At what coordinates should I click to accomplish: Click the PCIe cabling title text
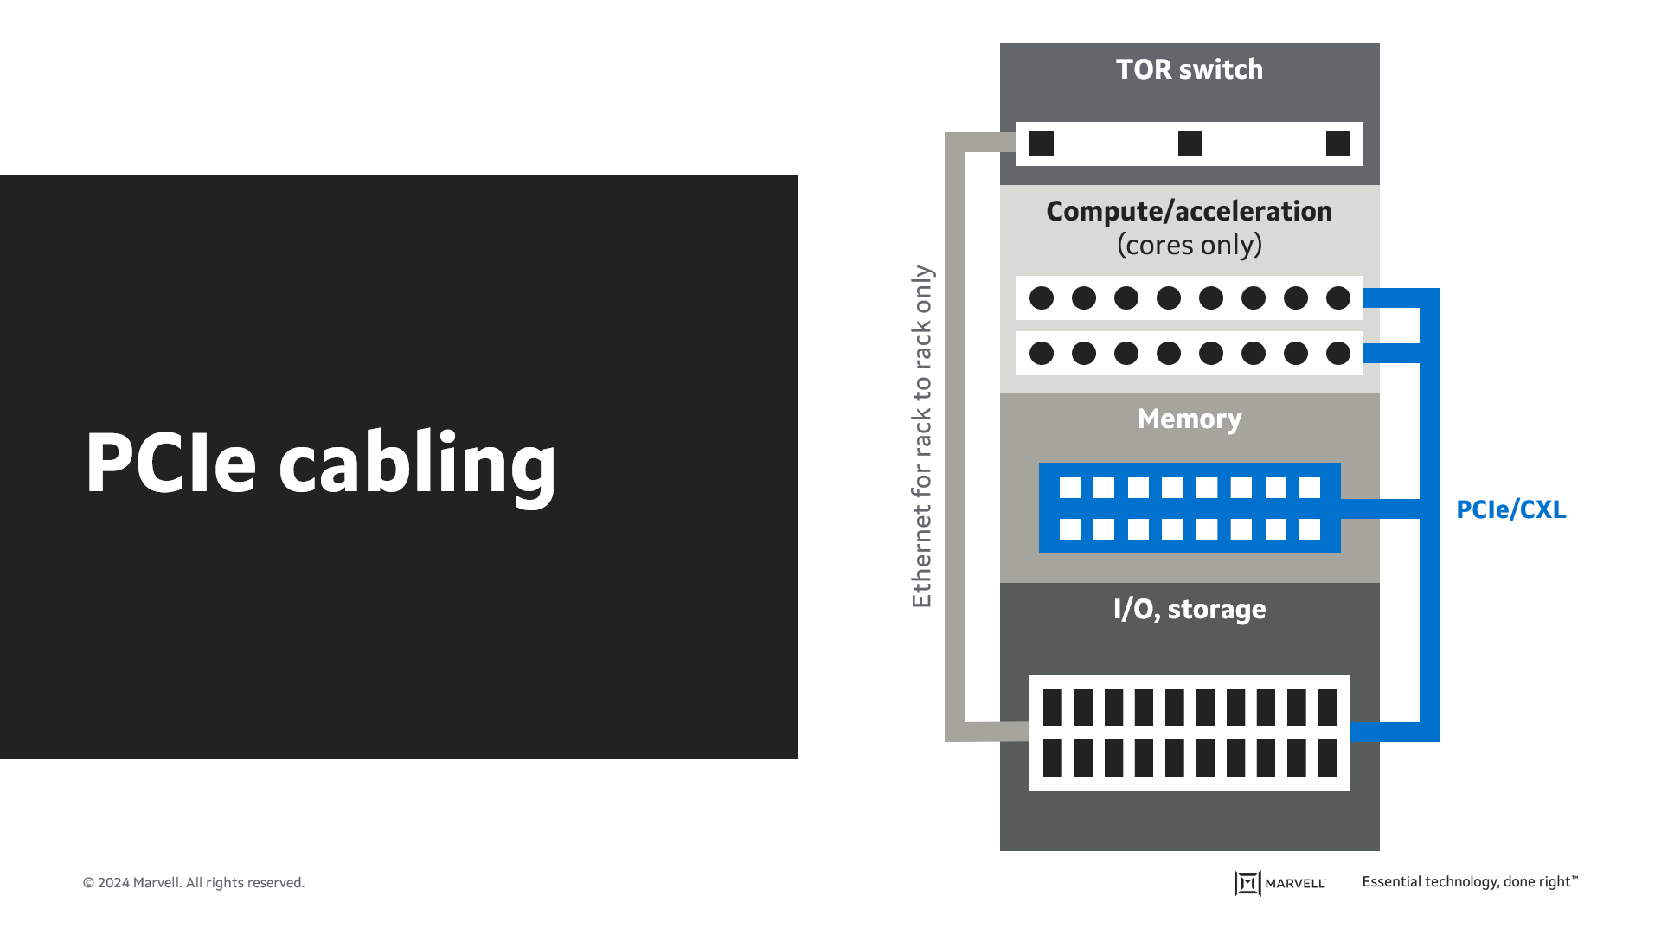point(320,464)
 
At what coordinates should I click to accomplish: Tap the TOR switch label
point(1189,70)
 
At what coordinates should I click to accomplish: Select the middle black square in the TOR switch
point(1190,144)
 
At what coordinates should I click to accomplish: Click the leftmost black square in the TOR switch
point(1042,144)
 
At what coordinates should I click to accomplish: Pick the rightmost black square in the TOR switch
point(1337,144)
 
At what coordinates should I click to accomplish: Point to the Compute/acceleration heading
point(1189,212)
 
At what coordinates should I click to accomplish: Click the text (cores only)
point(1189,246)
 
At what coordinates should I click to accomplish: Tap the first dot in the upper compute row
point(1042,298)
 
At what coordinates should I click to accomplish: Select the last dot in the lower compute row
point(1337,353)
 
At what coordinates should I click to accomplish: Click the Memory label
point(1189,419)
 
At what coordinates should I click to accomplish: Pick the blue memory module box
point(1189,509)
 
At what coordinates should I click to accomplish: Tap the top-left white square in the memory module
point(1070,488)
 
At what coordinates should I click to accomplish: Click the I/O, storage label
point(1189,610)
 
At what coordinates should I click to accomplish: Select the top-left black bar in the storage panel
point(1052,707)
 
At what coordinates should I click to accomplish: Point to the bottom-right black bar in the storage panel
point(1326,758)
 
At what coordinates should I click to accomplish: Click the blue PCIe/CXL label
point(1510,510)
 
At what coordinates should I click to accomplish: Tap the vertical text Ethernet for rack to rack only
point(922,437)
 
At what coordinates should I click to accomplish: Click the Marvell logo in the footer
point(1279,883)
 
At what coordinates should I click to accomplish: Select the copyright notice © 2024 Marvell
point(194,883)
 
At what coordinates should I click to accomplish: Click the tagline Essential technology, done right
point(1469,882)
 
